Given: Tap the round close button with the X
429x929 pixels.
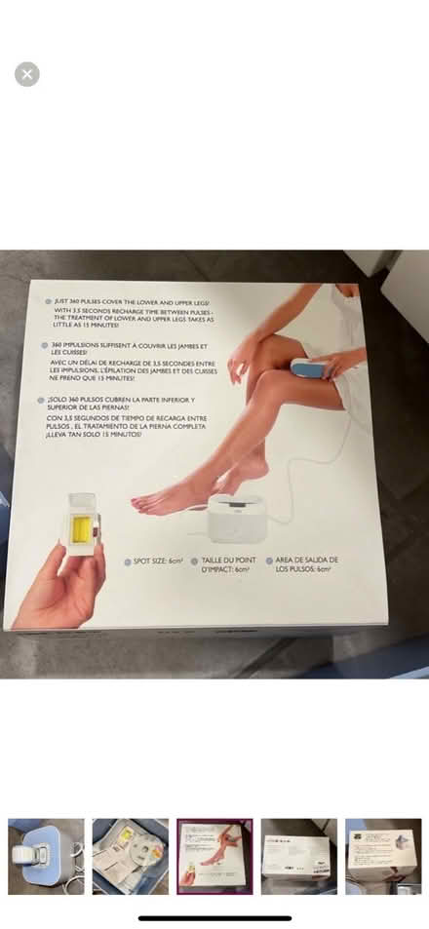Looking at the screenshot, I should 27,74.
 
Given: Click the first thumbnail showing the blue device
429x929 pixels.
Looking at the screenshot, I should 46,856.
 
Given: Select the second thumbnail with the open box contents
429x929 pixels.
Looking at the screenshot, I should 130,856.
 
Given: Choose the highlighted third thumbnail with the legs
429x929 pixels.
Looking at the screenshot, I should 214,856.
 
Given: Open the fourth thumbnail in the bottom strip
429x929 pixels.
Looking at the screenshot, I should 298,856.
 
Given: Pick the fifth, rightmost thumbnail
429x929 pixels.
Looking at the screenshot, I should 382,856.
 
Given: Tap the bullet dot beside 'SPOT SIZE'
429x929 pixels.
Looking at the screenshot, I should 127,562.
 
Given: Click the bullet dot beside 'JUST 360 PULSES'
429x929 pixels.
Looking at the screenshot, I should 48,302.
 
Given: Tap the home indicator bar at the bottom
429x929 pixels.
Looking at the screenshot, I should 214,917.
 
